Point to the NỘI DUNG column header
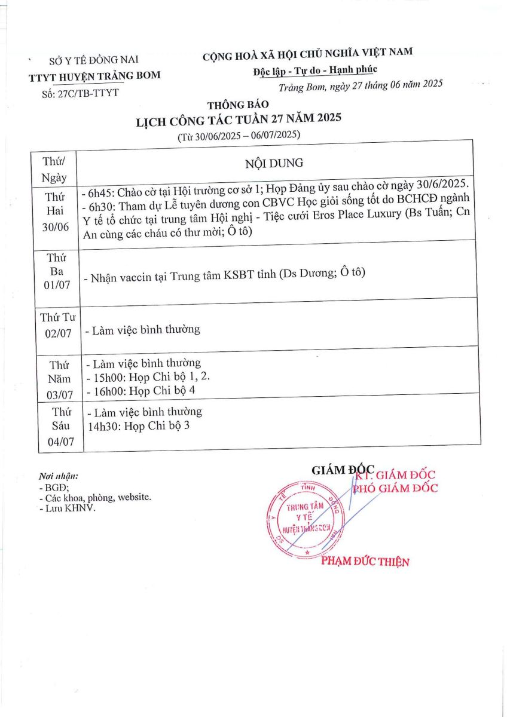274,163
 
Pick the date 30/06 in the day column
57,228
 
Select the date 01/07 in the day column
57,285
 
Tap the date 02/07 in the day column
57,332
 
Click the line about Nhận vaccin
225,274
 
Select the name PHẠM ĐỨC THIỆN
365,562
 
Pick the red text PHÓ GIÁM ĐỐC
395,488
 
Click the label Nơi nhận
58,477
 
